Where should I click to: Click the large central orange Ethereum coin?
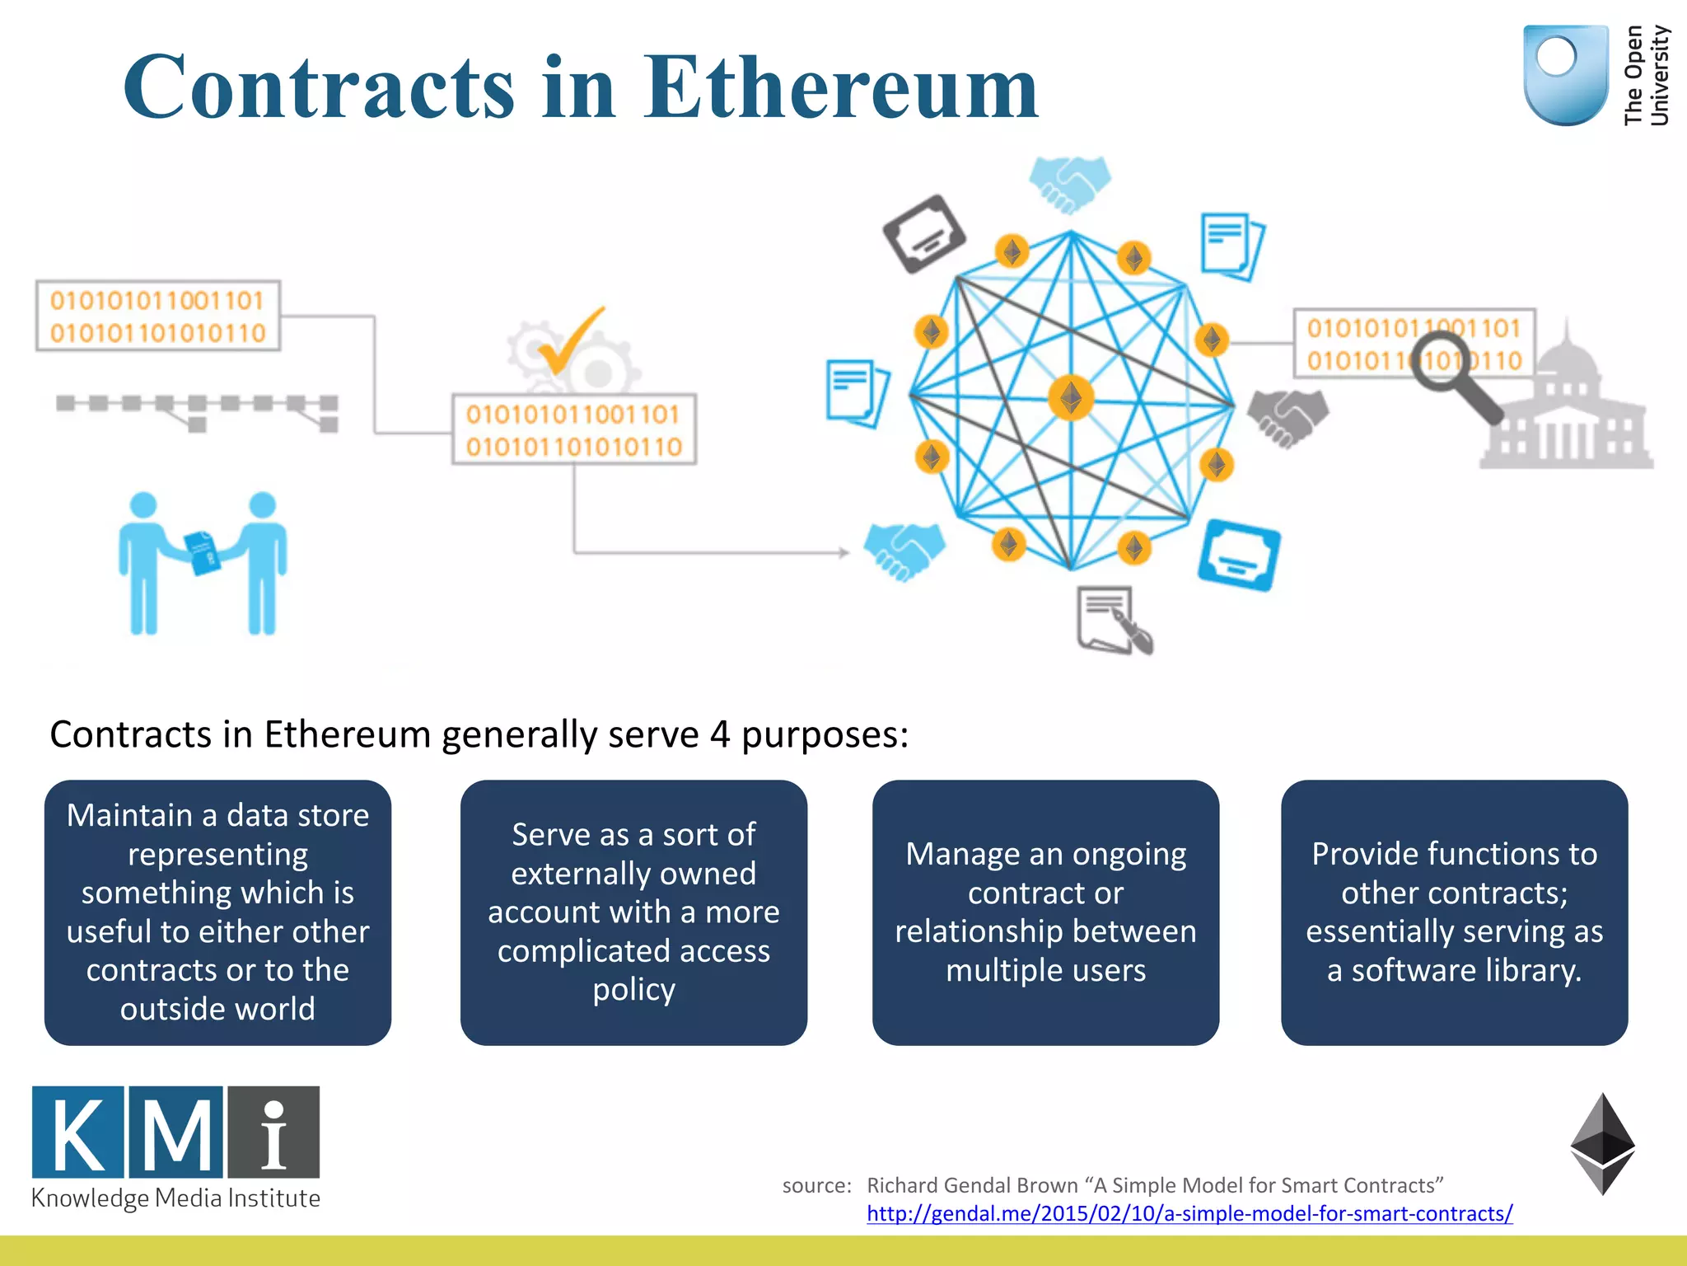click(x=1071, y=398)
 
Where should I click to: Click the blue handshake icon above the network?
click(x=1069, y=183)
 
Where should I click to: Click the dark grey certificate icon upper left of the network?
click(x=924, y=233)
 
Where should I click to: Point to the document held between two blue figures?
click(x=202, y=552)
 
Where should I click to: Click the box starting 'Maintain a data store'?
click(x=217, y=912)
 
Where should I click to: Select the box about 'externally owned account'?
click(x=633, y=912)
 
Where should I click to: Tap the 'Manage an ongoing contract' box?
click(x=1045, y=912)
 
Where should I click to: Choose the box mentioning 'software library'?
click(x=1454, y=912)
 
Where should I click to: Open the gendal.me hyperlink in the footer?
click(x=1189, y=1213)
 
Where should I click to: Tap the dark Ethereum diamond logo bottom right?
click(x=1601, y=1144)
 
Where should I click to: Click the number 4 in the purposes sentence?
click(x=719, y=734)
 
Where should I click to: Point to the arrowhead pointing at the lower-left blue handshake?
click(x=843, y=552)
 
